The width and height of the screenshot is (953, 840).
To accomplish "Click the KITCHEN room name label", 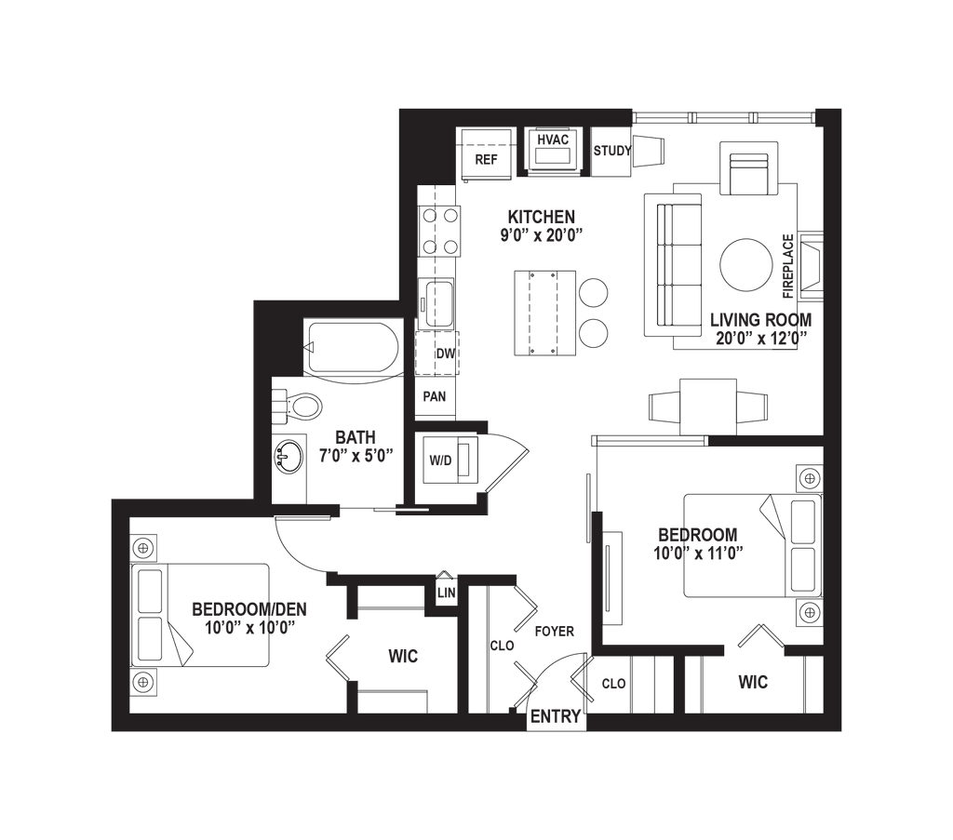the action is (x=541, y=217).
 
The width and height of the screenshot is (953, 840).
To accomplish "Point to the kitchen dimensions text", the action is (x=541, y=235).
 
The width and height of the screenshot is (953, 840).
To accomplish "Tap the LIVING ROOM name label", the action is (x=760, y=319).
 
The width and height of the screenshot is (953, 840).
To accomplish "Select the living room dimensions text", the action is (x=760, y=339).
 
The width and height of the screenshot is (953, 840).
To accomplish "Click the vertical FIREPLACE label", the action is (x=787, y=266).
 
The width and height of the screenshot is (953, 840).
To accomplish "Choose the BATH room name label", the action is (x=356, y=437).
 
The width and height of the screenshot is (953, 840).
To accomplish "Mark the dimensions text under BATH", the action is (x=356, y=456).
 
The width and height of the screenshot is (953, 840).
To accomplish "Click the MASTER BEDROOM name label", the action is (x=249, y=610).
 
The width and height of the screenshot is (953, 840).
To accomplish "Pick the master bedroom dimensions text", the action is (x=249, y=628).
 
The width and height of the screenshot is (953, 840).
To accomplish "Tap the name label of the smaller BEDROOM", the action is (x=698, y=534).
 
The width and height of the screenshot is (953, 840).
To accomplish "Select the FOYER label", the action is (x=556, y=631).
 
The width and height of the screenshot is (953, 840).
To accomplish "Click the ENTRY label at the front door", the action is (x=556, y=717).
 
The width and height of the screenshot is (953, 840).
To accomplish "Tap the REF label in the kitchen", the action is (x=487, y=159).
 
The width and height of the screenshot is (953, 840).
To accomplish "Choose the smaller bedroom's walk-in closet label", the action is (x=754, y=685).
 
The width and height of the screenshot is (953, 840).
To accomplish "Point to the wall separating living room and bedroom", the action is (x=765, y=441).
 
